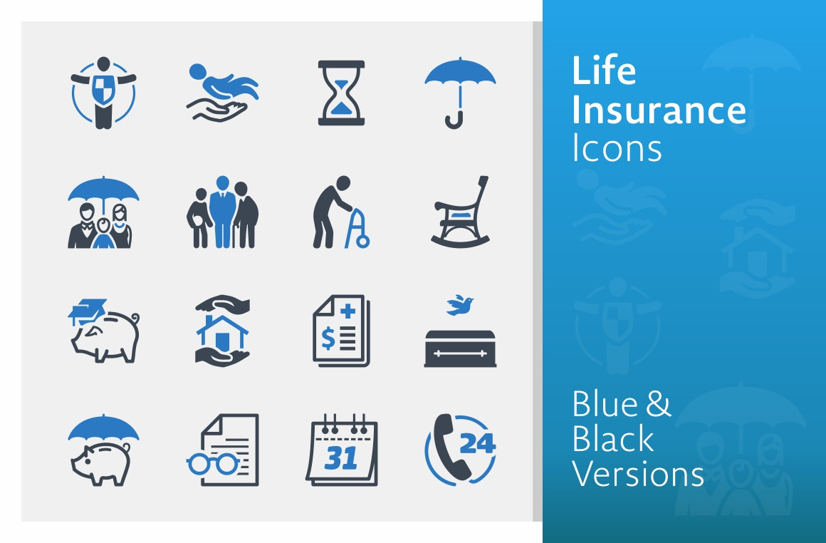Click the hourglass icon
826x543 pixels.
pos(341,93)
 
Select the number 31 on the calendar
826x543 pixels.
pos(341,457)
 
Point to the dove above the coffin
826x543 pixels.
pos(460,305)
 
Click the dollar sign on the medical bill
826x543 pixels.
pos(328,338)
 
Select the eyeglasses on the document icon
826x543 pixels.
pos(213,463)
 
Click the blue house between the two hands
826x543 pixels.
pos(221,333)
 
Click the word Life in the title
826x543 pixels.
pos(604,70)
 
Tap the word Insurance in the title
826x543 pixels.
pos(659,110)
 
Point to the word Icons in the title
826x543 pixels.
pos(617,148)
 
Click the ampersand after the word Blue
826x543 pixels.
pos(658,404)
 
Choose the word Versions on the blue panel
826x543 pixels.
pos(638,474)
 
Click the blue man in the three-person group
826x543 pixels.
pos(222,212)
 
